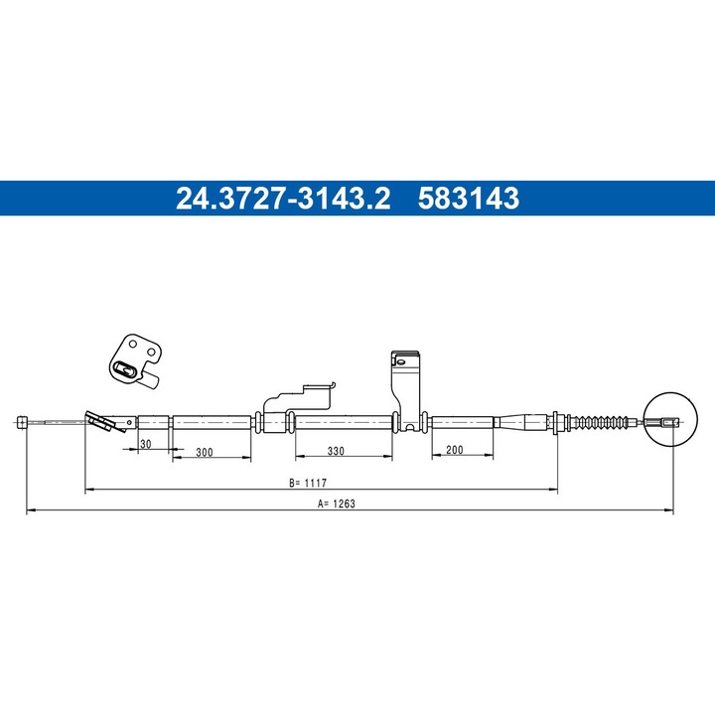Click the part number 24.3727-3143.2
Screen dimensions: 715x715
(x=284, y=200)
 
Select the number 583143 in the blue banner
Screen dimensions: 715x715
(x=469, y=200)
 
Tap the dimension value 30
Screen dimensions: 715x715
(x=145, y=444)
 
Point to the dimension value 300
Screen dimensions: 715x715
(x=205, y=452)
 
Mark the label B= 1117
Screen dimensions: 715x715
(x=309, y=484)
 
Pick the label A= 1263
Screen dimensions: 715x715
(x=337, y=503)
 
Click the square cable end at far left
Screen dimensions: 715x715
(x=22, y=422)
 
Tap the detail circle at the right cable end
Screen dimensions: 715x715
(x=665, y=421)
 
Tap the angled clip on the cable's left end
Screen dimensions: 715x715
(x=100, y=422)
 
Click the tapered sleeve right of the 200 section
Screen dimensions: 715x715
(x=520, y=421)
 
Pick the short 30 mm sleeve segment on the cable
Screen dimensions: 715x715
(x=154, y=421)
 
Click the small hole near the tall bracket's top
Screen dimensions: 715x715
(x=399, y=361)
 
